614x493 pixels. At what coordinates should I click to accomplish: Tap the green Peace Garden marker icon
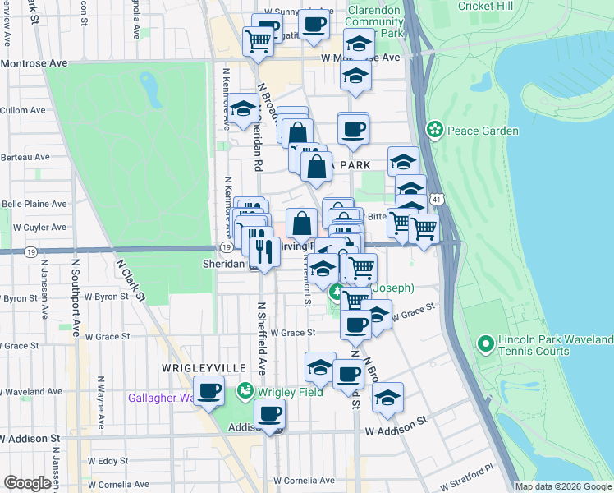point(435,131)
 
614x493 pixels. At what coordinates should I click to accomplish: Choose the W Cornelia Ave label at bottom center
point(304,480)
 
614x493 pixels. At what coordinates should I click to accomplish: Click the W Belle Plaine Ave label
point(34,204)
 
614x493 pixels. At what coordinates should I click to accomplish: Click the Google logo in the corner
point(27,483)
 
